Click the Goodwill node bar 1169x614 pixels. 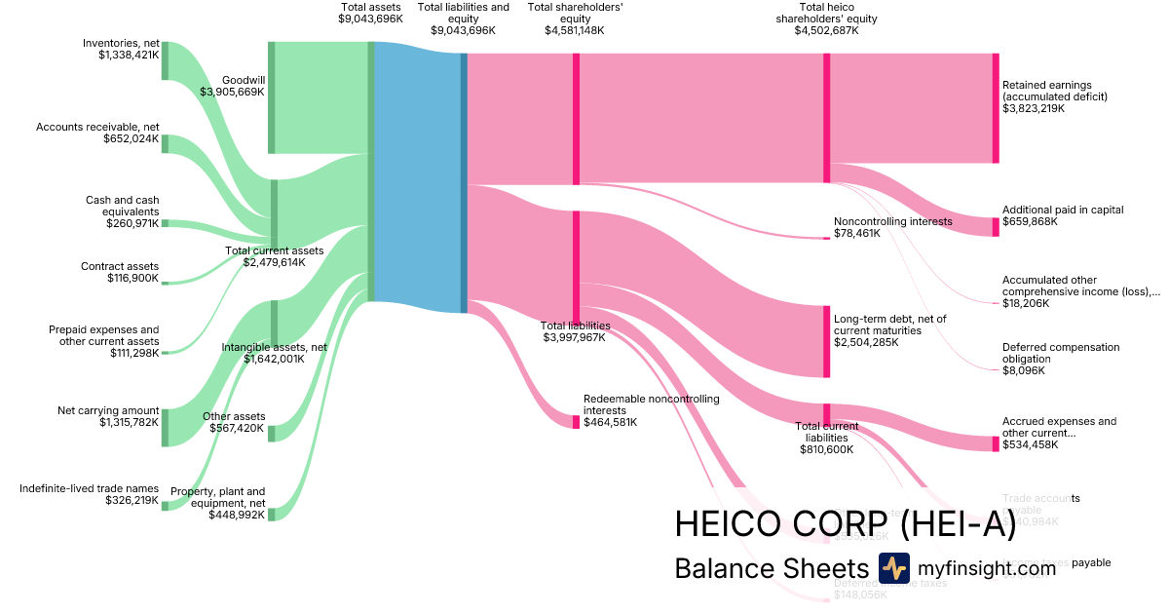(272, 97)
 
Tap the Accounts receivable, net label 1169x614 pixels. (97, 127)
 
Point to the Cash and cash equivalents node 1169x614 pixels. (165, 223)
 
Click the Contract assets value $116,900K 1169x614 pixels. (132, 279)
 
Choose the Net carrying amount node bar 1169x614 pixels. (165, 427)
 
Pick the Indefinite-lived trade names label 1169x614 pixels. (89, 487)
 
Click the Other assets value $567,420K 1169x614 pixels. (234, 429)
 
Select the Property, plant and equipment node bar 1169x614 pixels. (272, 514)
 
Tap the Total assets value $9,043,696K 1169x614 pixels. (370, 19)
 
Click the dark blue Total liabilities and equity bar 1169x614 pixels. (464, 182)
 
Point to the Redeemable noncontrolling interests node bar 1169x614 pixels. (576, 422)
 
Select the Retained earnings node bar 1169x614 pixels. (995, 108)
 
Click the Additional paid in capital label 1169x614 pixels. (1063, 210)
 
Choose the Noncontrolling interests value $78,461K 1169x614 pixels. (856, 234)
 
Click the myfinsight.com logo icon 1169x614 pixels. (893, 567)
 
